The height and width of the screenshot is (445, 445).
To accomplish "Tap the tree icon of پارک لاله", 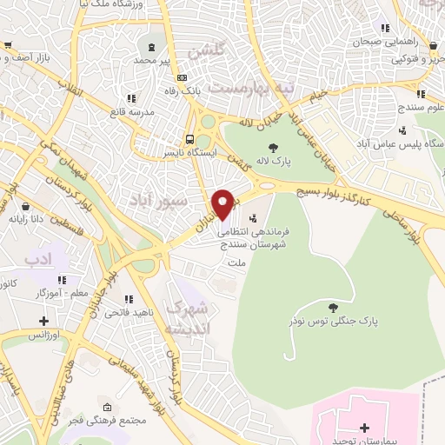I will pos(273,147).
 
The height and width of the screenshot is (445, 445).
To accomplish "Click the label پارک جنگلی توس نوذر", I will pos(335,322).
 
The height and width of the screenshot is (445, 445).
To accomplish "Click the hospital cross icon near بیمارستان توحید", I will pos(364,428).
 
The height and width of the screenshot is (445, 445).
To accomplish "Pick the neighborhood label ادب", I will pos(39,259).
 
